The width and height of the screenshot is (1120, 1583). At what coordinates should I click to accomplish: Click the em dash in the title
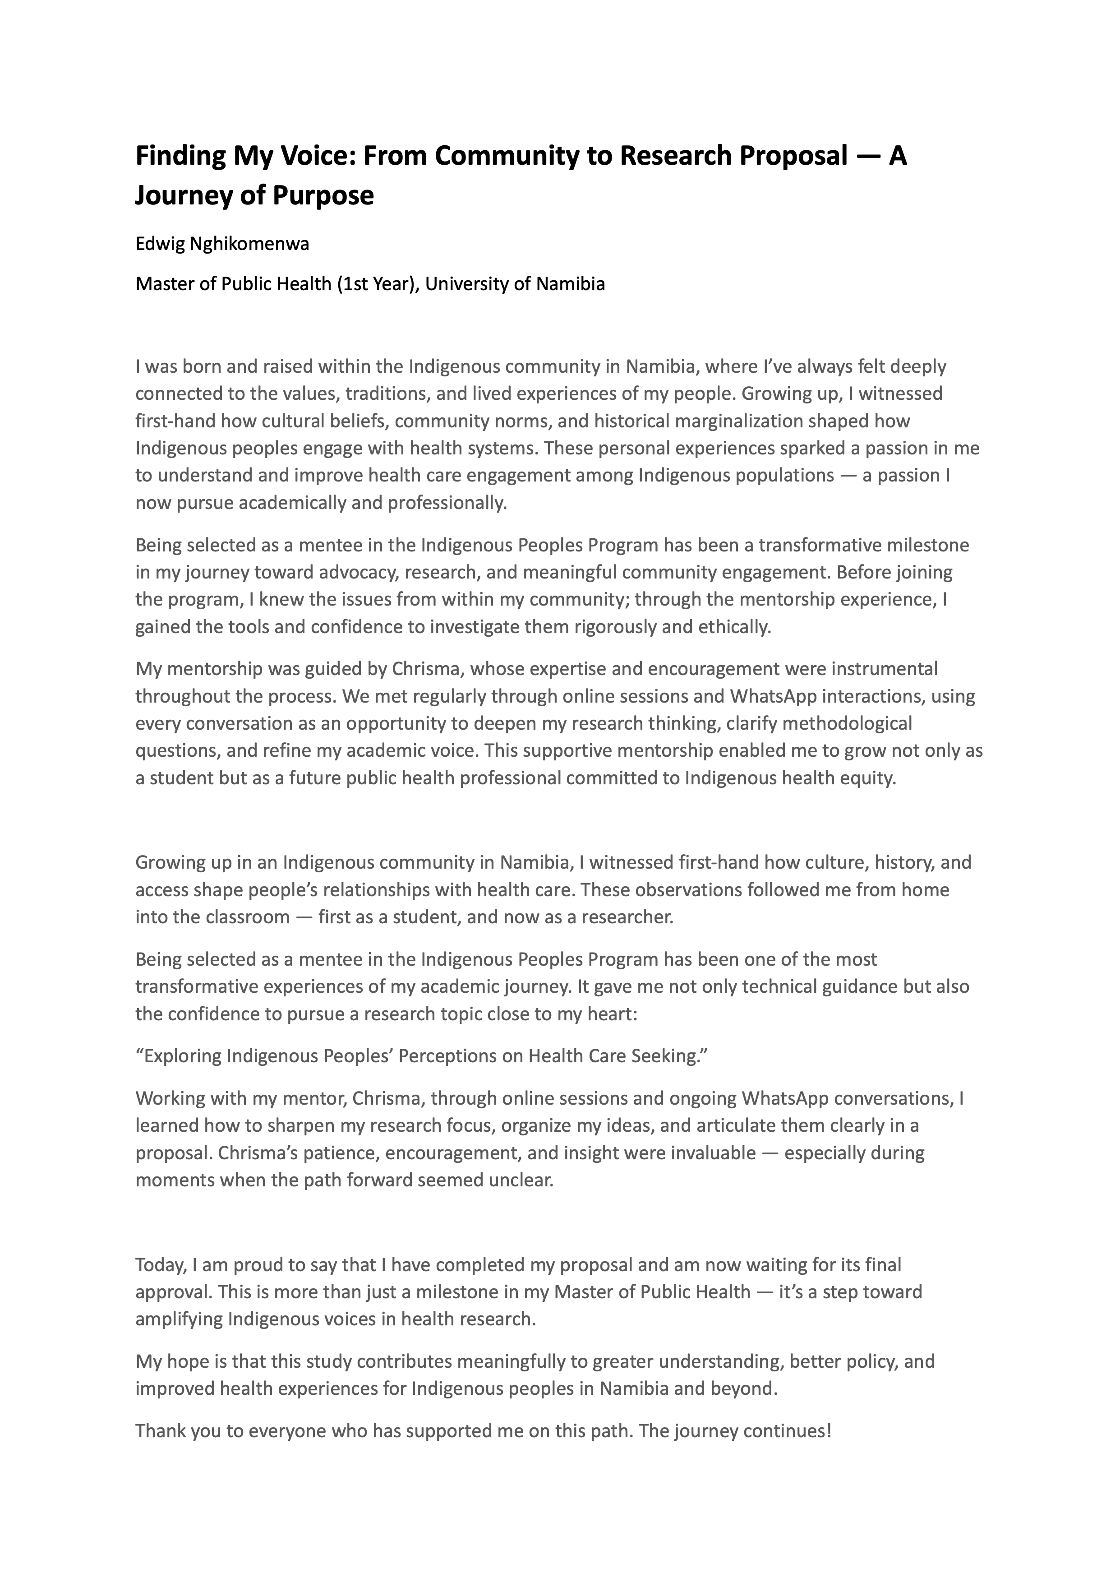tap(867, 157)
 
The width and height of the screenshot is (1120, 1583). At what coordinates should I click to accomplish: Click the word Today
tap(160, 1265)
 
